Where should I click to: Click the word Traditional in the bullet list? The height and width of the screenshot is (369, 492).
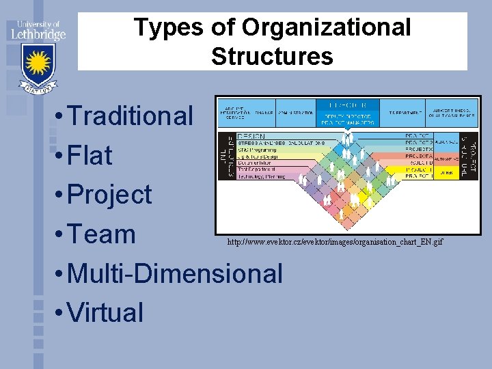point(131,116)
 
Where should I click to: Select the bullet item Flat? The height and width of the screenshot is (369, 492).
point(90,156)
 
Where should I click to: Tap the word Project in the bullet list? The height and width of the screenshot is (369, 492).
point(110,195)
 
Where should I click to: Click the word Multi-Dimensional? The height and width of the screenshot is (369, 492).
point(176,274)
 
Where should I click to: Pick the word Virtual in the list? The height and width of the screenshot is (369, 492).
point(106,313)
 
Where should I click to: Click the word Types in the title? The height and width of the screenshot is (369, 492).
point(168,27)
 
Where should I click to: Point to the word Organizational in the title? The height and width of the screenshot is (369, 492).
point(326,27)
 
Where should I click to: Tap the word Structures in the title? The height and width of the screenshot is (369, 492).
point(272,56)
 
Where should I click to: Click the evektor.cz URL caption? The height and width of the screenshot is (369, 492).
point(335,243)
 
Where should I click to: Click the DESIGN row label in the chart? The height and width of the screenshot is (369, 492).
point(249,135)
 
